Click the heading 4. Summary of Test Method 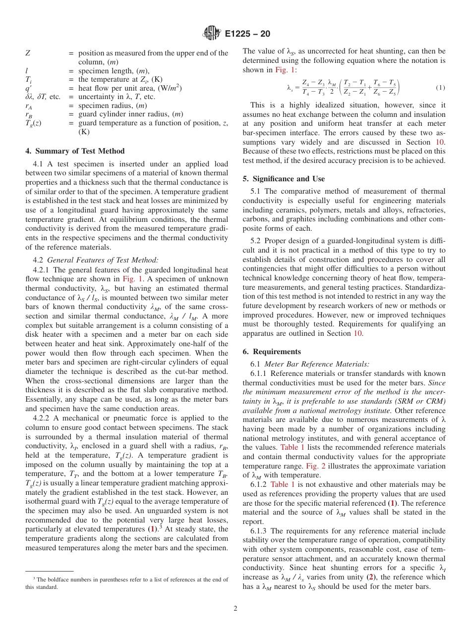click(75, 151)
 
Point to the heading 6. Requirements click(272, 352)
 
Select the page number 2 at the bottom click(235, 608)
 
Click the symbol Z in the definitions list click(28, 53)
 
